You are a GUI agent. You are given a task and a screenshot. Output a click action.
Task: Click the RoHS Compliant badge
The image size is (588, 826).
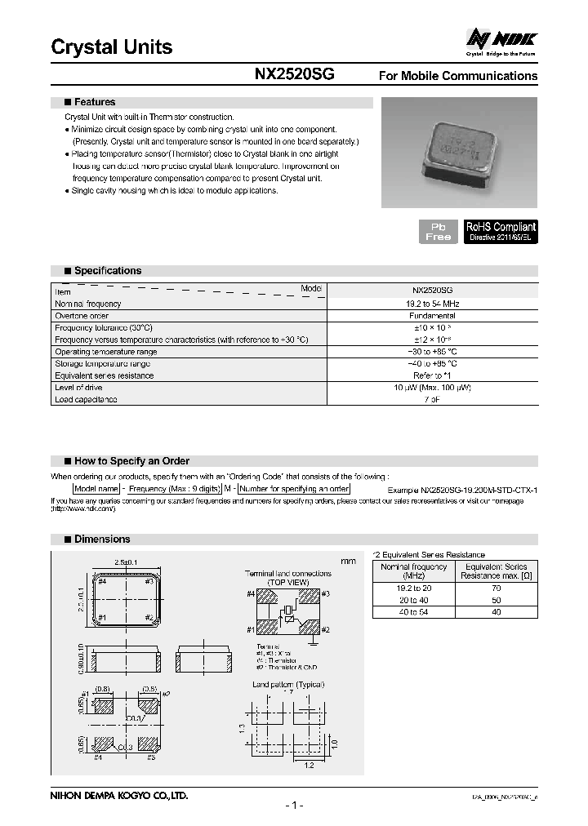(x=501, y=231)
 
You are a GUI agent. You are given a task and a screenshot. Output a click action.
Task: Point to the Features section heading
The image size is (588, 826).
(x=95, y=103)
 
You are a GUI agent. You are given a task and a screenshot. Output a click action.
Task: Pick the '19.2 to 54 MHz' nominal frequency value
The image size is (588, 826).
(x=433, y=304)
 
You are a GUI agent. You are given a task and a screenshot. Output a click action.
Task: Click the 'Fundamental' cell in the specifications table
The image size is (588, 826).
(x=433, y=316)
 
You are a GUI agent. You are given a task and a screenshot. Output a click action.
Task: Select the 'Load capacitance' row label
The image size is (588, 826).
(x=86, y=400)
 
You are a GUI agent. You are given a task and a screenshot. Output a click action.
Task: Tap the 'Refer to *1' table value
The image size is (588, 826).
(x=433, y=375)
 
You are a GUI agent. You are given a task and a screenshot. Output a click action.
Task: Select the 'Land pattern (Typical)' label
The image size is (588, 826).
(x=288, y=685)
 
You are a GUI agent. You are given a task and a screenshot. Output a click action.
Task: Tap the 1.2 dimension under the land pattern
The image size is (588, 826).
(x=310, y=766)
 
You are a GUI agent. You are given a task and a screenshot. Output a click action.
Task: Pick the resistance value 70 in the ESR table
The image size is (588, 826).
(x=496, y=587)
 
